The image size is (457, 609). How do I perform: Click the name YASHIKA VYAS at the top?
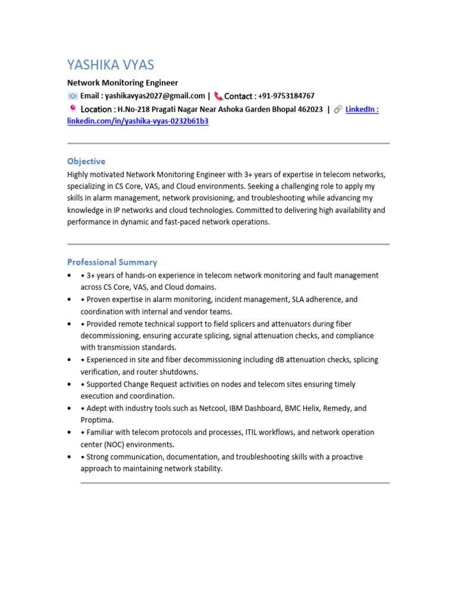point(111,65)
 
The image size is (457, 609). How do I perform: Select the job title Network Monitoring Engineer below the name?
point(122,83)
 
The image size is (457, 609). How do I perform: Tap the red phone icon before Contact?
point(218,96)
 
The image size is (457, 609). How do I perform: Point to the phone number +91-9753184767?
point(286,96)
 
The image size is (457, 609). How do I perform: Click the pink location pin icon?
point(73,109)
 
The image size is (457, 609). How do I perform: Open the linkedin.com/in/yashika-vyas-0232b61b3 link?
point(137,121)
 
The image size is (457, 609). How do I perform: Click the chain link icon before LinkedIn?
point(337,109)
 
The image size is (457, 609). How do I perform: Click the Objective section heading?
point(86,161)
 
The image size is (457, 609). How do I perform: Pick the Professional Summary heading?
point(112,262)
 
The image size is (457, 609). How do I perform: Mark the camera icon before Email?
point(72,96)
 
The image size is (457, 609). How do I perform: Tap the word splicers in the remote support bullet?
point(241,324)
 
